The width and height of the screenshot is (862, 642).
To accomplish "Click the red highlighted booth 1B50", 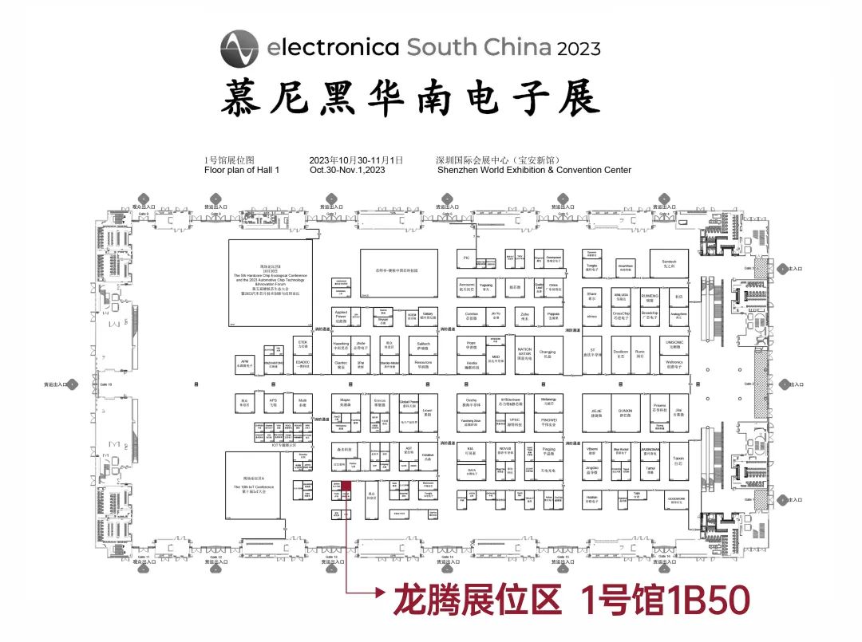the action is pyautogui.click(x=346, y=486).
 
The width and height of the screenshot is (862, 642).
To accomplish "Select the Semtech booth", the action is pyautogui.click(x=669, y=263).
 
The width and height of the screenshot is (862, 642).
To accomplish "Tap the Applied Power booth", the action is pyautogui.click(x=341, y=317).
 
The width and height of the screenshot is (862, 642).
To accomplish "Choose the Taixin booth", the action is pyautogui.click(x=678, y=460).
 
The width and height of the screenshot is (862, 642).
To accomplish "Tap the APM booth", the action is pyautogui.click(x=245, y=363).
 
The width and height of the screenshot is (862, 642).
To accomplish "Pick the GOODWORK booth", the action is pyautogui.click(x=677, y=501).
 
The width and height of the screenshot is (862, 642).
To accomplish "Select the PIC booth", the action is pyautogui.click(x=466, y=258).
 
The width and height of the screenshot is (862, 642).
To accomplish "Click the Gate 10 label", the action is pyautogui.click(x=105, y=384).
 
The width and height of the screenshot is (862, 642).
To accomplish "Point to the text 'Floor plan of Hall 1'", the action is pyautogui.click(x=242, y=170).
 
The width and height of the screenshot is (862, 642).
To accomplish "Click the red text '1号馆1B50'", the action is pyautogui.click(x=663, y=600).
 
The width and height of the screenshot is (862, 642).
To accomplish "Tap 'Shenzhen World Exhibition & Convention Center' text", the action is pyautogui.click(x=534, y=170).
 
